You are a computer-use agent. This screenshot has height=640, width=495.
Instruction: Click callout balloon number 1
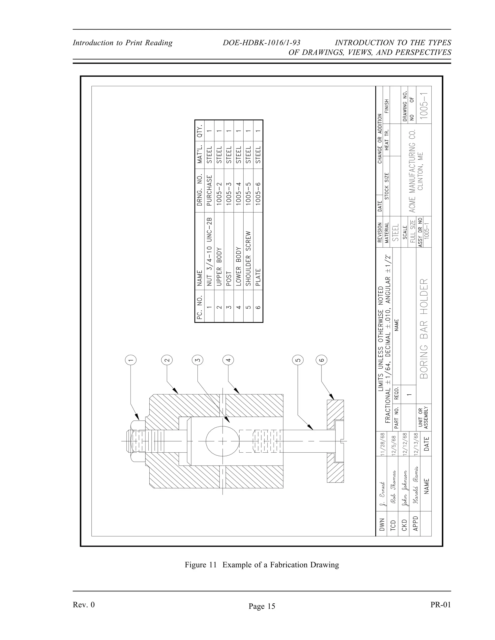(x=131, y=360)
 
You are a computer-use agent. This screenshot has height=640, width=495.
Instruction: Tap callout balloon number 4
(x=228, y=360)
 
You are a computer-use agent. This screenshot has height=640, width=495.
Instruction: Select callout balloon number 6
(x=321, y=360)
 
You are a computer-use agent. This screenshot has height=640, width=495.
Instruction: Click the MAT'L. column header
(x=200, y=154)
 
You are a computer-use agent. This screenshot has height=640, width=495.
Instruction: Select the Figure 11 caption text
(x=262, y=565)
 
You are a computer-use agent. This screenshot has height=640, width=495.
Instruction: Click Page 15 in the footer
(x=262, y=606)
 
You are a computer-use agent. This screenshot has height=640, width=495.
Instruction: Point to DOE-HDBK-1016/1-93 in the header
(x=261, y=43)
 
